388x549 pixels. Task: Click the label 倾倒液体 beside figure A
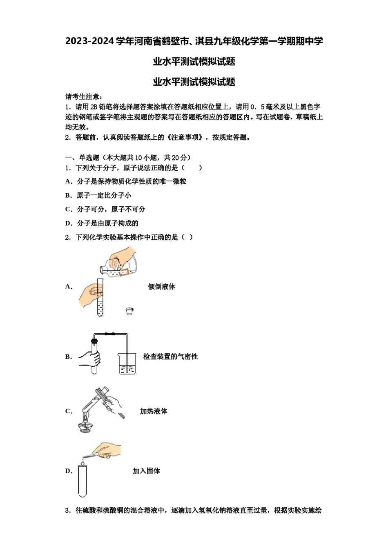click(161, 287)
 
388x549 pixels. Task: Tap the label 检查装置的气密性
click(170, 357)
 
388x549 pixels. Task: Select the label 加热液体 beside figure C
click(154, 411)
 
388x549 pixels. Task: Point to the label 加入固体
click(146, 471)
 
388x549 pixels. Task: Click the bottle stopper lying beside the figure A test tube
click(129, 311)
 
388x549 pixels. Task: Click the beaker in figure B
click(127, 364)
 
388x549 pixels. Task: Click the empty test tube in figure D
click(83, 482)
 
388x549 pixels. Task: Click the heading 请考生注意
click(84, 97)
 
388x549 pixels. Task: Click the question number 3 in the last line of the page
click(67, 511)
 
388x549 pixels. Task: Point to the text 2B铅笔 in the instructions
click(100, 107)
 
